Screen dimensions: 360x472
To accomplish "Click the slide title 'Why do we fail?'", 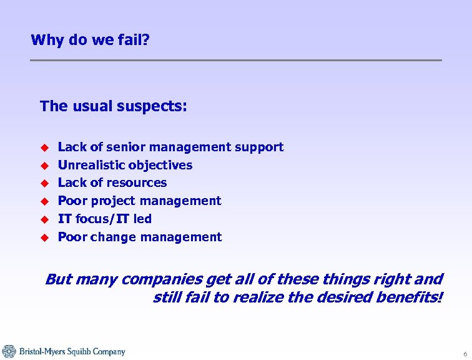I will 90,41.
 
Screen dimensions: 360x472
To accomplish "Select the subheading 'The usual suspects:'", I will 113,106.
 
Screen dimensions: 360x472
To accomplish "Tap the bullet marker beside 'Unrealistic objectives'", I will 44,166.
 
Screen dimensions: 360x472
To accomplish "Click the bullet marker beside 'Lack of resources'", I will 44,183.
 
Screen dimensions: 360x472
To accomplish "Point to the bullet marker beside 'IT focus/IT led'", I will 44,219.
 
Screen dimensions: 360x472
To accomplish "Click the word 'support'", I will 258,147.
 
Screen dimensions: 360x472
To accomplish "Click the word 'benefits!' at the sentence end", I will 410,297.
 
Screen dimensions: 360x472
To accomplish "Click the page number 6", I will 465,354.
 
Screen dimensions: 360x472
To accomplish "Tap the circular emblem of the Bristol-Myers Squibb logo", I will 9,352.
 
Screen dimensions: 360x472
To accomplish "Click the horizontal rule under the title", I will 236,60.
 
